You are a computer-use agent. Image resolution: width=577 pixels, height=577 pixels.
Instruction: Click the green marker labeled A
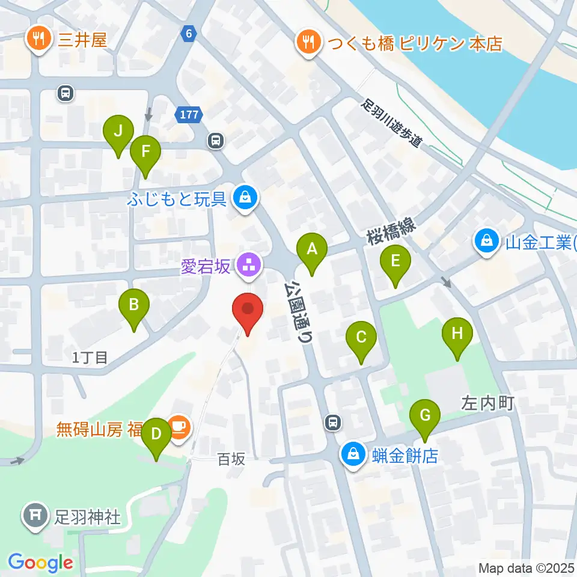[312, 249]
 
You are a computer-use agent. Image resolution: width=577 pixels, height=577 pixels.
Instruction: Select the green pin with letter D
[156, 435]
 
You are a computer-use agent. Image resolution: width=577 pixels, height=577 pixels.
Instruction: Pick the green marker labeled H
[457, 335]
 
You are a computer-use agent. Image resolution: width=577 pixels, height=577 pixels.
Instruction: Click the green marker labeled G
[425, 417]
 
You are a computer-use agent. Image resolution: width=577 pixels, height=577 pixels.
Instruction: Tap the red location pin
[248, 311]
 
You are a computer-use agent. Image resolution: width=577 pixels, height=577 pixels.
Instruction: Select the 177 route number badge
[188, 115]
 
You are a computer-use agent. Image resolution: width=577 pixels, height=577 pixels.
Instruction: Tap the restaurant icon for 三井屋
[40, 40]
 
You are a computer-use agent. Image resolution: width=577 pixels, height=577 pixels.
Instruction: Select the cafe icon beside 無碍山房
[179, 429]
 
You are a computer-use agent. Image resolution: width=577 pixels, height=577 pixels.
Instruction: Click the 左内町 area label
[487, 403]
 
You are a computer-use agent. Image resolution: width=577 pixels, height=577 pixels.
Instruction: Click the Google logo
[40, 563]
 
